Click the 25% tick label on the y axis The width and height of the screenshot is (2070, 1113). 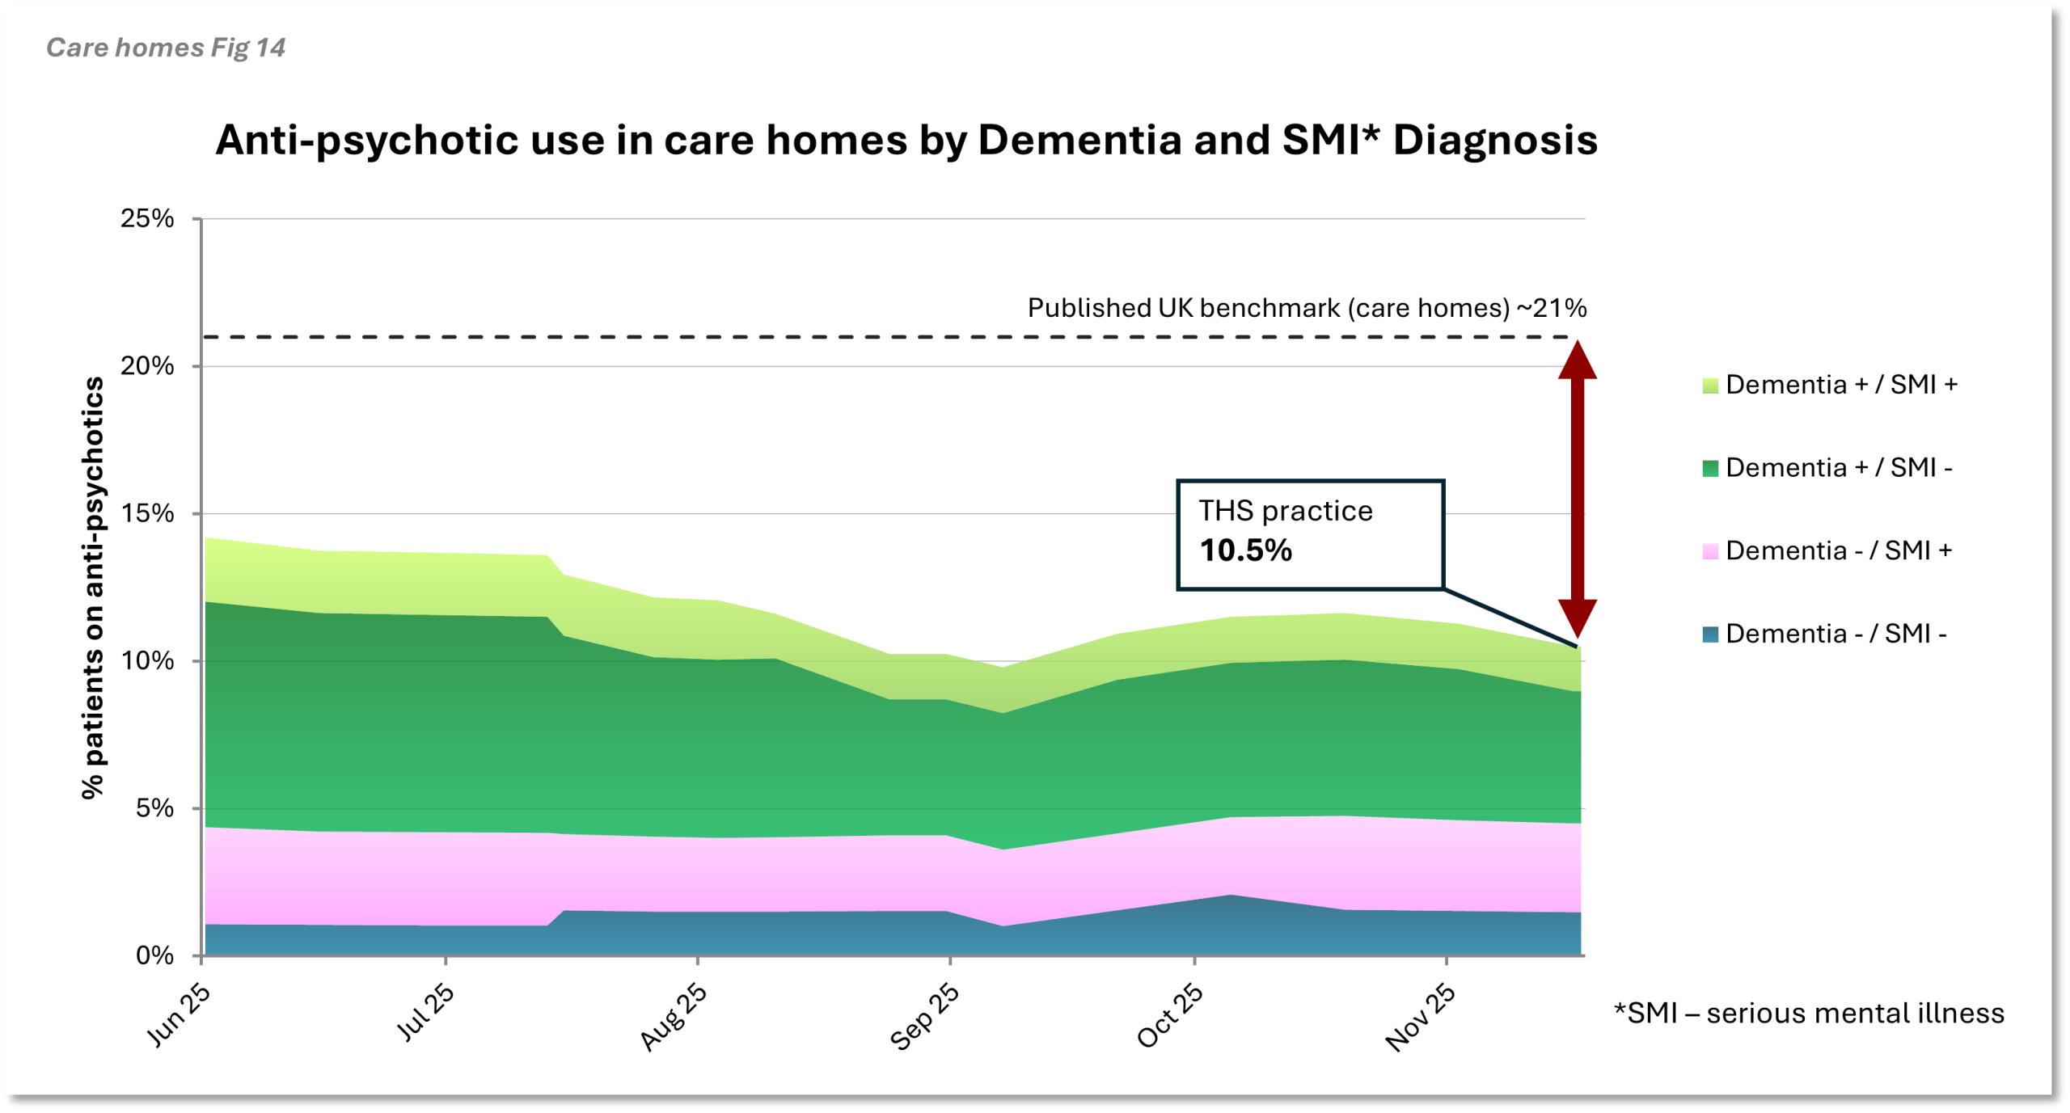pyautogui.click(x=147, y=218)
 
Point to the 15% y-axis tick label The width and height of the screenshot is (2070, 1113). pyautogui.click(x=147, y=513)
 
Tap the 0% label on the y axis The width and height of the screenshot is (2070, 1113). pyautogui.click(x=154, y=955)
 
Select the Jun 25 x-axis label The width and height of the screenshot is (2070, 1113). pyautogui.click(x=179, y=1015)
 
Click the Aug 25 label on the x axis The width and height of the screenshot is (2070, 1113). pyautogui.click(x=674, y=1017)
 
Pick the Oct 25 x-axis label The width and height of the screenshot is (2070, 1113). pyautogui.click(x=1170, y=1016)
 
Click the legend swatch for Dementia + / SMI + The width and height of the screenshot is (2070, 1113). pyautogui.click(x=1710, y=385)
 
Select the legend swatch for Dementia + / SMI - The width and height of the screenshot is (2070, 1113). pyautogui.click(x=1710, y=468)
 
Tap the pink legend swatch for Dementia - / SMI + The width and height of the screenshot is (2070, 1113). pyautogui.click(x=1710, y=551)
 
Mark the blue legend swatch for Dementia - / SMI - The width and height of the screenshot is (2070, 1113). pyautogui.click(x=1710, y=634)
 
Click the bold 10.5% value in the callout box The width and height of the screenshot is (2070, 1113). pyautogui.click(x=1246, y=550)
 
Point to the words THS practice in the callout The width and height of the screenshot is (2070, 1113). pyautogui.click(x=1286, y=511)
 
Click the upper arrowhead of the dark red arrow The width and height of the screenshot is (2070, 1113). pyautogui.click(x=1578, y=360)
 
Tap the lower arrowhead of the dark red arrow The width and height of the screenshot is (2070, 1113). pyautogui.click(x=1578, y=618)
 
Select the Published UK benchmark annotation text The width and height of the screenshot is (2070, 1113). pyautogui.click(x=1307, y=308)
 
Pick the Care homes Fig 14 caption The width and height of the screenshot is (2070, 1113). pyautogui.click(x=166, y=48)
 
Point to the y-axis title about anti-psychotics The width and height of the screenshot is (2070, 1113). pyautogui.click(x=93, y=588)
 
